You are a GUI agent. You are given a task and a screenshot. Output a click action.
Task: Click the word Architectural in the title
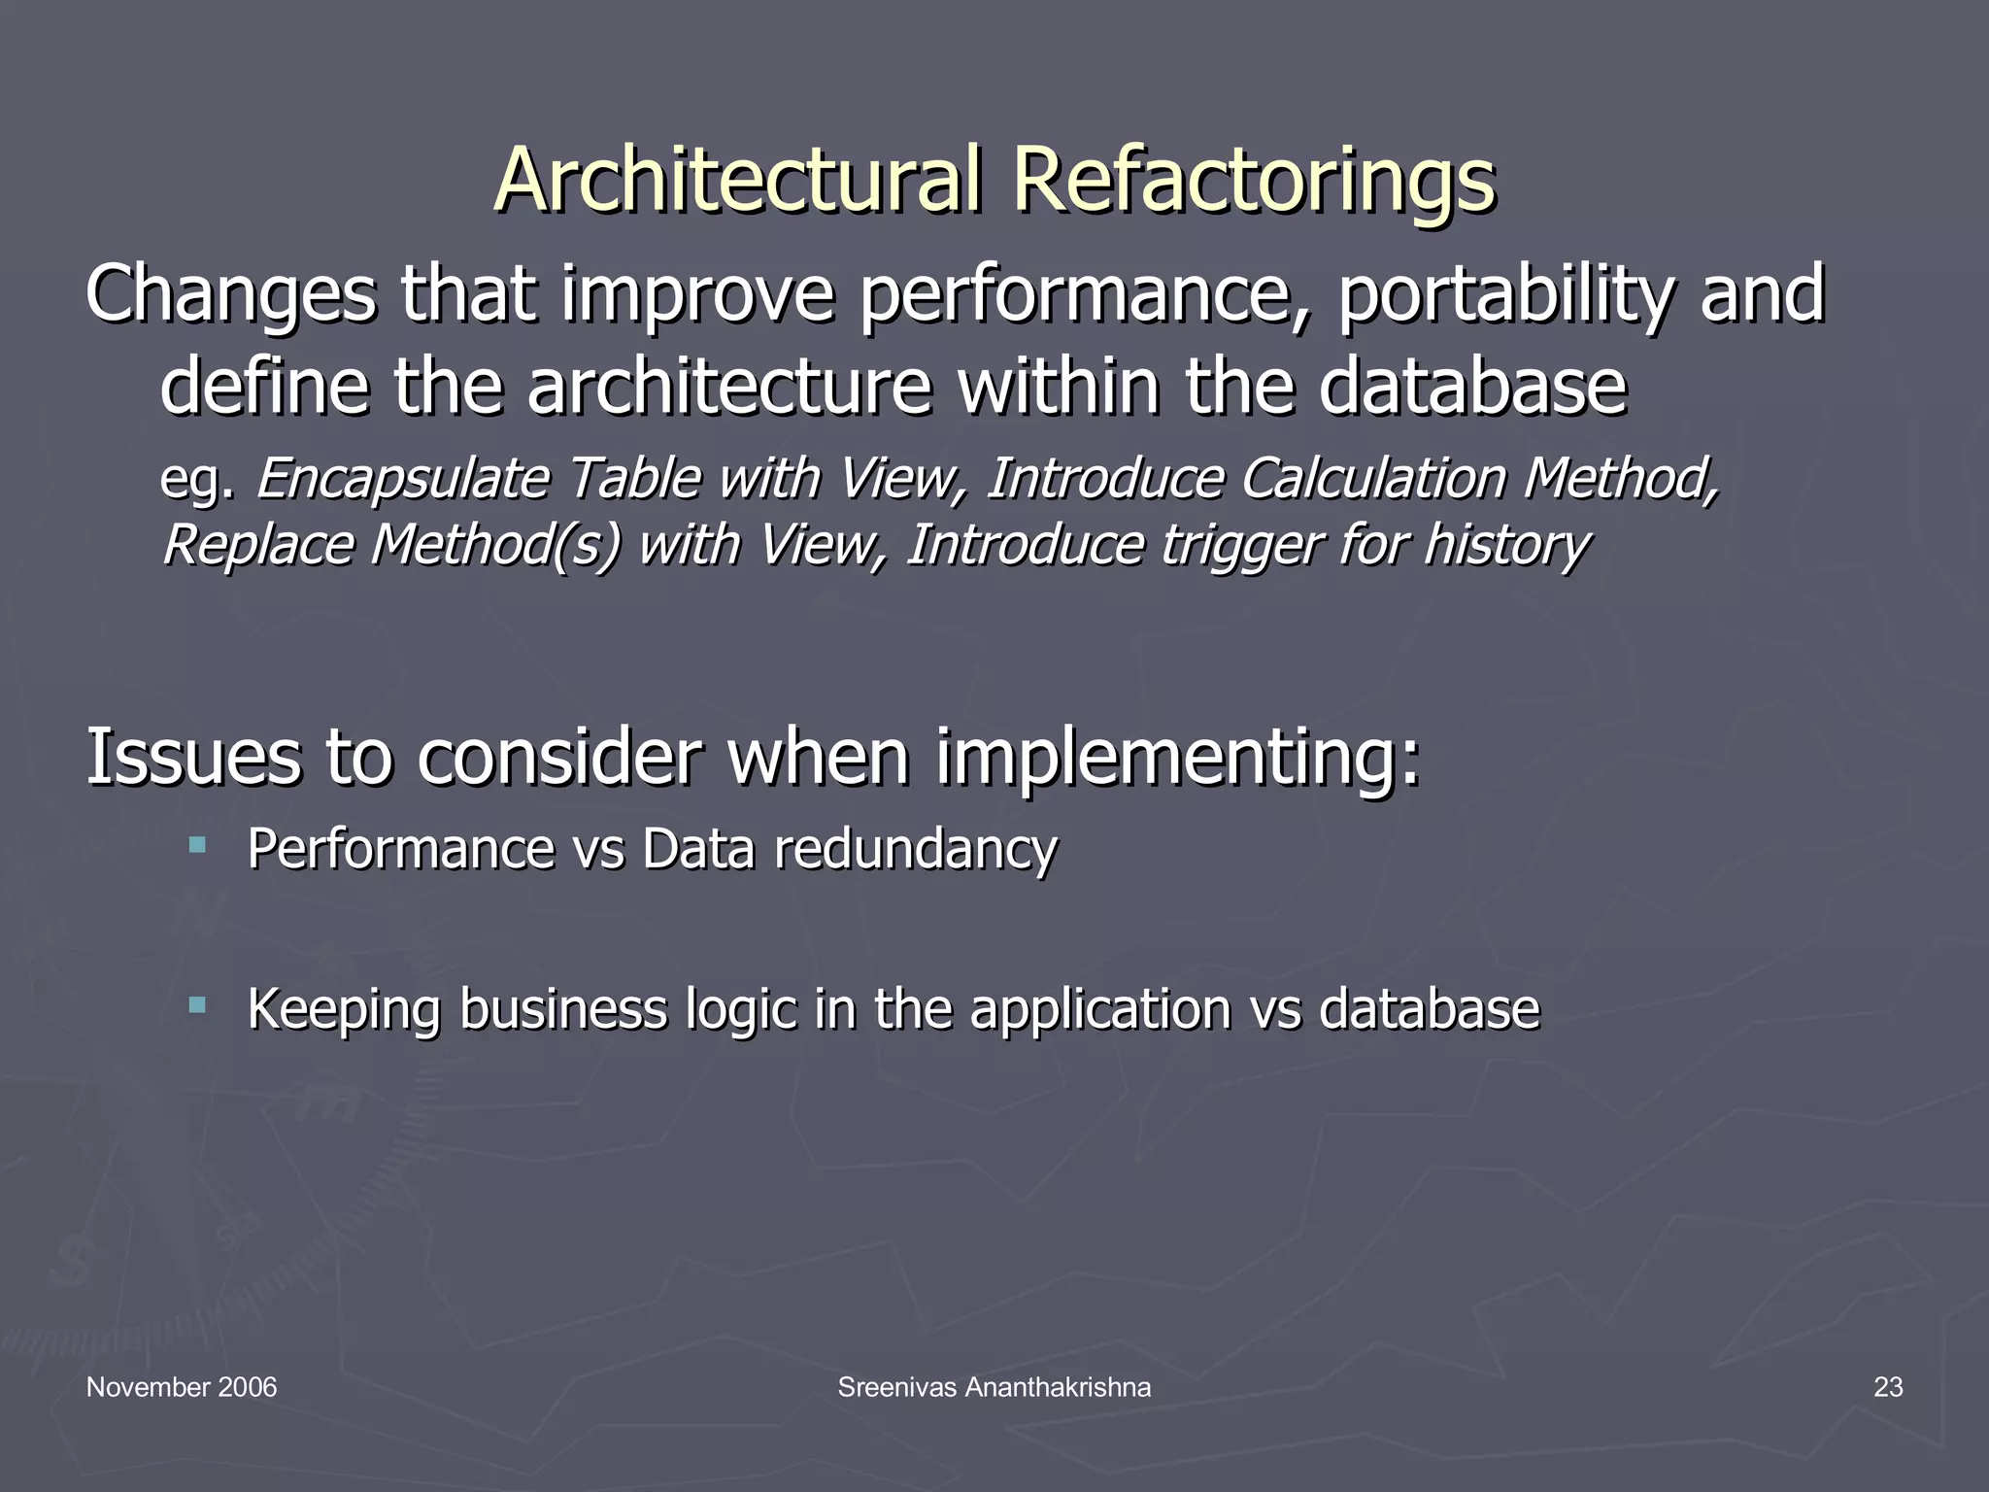pyautogui.click(x=738, y=181)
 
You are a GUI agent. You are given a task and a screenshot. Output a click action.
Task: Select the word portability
pyautogui.click(x=1501, y=296)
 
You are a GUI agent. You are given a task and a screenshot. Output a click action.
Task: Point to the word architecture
pyautogui.click(x=728, y=387)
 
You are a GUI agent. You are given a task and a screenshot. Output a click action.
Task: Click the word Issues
pyautogui.click(x=193, y=757)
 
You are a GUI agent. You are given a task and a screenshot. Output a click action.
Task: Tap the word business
pyautogui.click(x=563, y=1008)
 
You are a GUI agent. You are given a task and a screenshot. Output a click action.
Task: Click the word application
pyautogui.click(x=1100, y=1010)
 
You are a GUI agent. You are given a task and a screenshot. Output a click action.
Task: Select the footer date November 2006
pyautogui.click(x=182, y=1388)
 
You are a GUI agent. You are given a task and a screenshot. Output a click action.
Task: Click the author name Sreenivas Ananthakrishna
pyautogui.click(x=994, y=1388)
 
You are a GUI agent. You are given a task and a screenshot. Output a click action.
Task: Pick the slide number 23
pyautogui.click(x=1887, y=1388)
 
